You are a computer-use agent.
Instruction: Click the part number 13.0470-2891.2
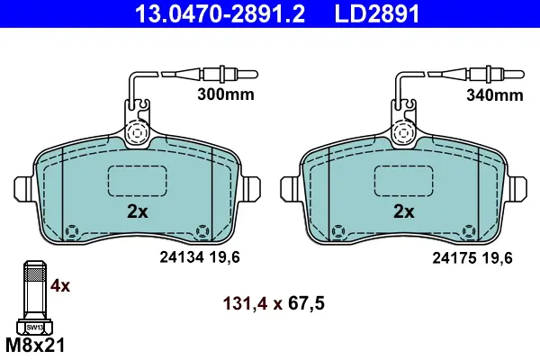point(220,13)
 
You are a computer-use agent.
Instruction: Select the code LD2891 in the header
point(377,13)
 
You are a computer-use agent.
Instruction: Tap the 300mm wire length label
point(226,94)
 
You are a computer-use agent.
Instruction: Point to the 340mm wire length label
point(495,94)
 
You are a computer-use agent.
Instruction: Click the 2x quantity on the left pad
point(138,211)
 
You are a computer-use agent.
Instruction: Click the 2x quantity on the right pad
point(404,211)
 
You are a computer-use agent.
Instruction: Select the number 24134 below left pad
point(182,257)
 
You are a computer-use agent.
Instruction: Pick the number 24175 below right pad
point(454,257)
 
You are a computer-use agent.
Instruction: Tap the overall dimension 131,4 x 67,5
point(274,303)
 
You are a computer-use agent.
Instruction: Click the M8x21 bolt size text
point(35,346)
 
